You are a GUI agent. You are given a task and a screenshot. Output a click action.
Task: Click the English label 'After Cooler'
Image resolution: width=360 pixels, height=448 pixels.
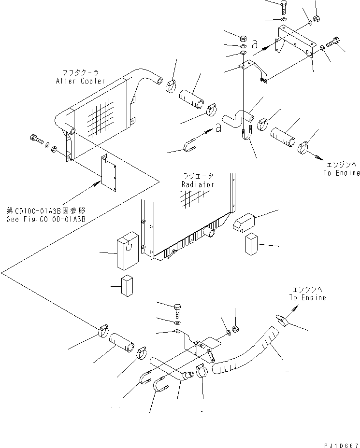pos(86,81)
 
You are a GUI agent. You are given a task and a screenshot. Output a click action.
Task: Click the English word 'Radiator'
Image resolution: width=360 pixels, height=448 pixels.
pos(198,184)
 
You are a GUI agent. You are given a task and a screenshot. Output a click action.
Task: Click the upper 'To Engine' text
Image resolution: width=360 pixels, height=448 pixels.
pos(342,173)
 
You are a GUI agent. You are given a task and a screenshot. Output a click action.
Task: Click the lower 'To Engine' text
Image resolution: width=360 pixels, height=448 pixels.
pos(307,297)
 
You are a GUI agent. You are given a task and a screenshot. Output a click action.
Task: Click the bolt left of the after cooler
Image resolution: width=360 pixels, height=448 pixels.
pos(36,140)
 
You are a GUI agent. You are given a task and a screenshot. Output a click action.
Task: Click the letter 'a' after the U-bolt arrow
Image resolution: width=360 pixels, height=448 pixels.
pos(219,127)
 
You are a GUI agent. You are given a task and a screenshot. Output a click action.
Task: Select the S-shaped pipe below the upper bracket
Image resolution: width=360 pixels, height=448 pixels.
pos(238,117)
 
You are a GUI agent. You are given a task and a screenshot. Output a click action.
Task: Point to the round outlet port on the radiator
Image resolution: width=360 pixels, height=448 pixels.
pos(212,233)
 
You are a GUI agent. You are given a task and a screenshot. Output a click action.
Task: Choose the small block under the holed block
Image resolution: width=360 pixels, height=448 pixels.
pos(127,286)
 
